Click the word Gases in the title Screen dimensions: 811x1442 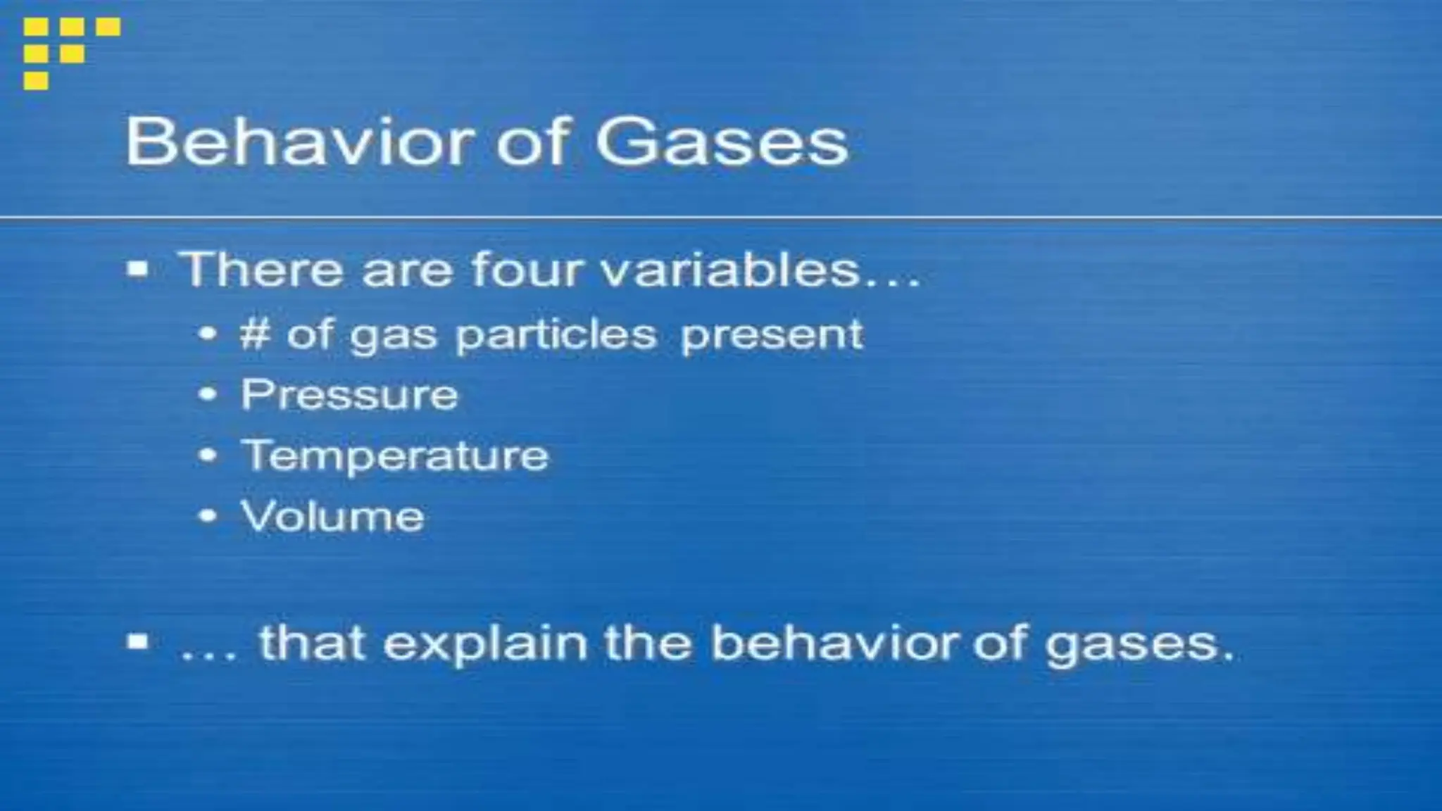click(x=722, y=143)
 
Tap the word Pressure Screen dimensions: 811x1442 click(x=349, y=394)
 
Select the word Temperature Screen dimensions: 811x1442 click(x=395, y=455)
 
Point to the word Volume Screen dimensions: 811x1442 click(x=332, y=516)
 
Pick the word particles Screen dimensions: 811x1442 click(x=556, y=334)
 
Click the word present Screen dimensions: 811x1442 click(x=771, y=334)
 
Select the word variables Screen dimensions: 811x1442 click(x=732, y=270)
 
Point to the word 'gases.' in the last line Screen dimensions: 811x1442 click(x=1139, y=645)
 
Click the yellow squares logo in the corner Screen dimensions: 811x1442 click(x=70, y=52)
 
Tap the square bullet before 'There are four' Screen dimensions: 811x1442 click(x=138, y=270)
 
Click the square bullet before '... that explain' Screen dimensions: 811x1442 click(x=138, y=642)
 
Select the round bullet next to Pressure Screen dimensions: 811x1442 click(x=208, y=394)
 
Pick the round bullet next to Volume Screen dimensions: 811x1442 click(x=208, y=516)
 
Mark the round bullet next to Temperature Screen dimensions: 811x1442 click(x=208, y=455)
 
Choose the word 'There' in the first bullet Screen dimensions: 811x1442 click(x=261, y=270)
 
